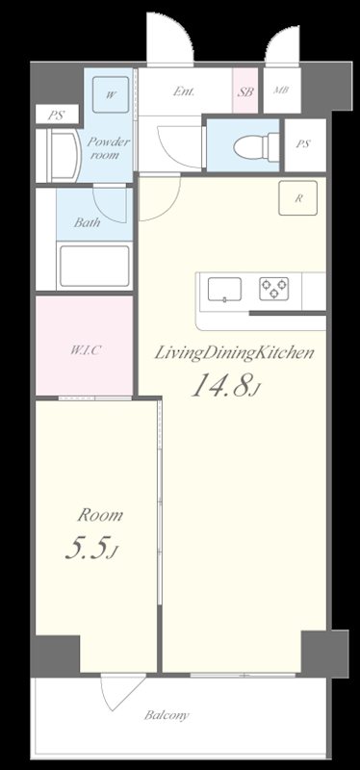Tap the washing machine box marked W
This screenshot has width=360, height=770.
(x=111, y=94)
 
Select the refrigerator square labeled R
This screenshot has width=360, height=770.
(x=297, y=198)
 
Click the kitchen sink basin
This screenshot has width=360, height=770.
(x=224, y=290)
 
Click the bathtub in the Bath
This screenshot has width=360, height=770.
(x=93, y=266)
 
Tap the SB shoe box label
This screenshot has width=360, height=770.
(x=245, y=91)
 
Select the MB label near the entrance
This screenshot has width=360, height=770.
(x=281, y=90)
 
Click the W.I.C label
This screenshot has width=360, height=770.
(x=86, y=350)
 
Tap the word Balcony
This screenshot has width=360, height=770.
(x=167, y=715)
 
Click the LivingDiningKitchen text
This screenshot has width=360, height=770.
(x=234, y=353)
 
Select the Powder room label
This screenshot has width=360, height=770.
(x=108, y=148)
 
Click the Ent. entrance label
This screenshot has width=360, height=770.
(x=184, y=91)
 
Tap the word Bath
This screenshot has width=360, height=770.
(x=87, y=222)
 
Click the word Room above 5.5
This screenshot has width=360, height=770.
(x=100, y=515)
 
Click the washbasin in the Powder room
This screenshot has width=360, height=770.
(x=64, y=155)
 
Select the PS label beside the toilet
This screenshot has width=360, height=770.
(x=303, y=143)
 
